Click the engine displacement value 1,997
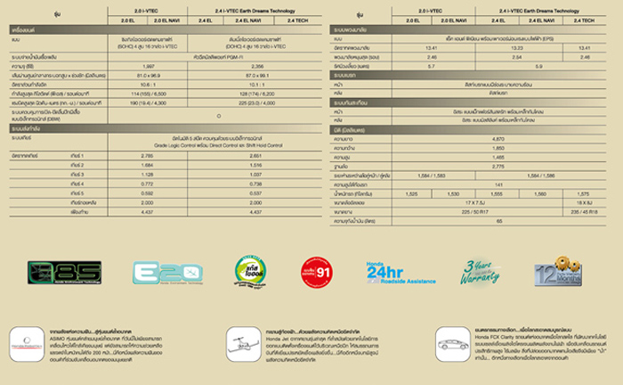pyautogui.click(x=149, y=66)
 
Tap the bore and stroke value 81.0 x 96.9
pyautogui.click(x=149, y=75)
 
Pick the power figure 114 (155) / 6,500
pyautogui.click(x=149, y=93)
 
